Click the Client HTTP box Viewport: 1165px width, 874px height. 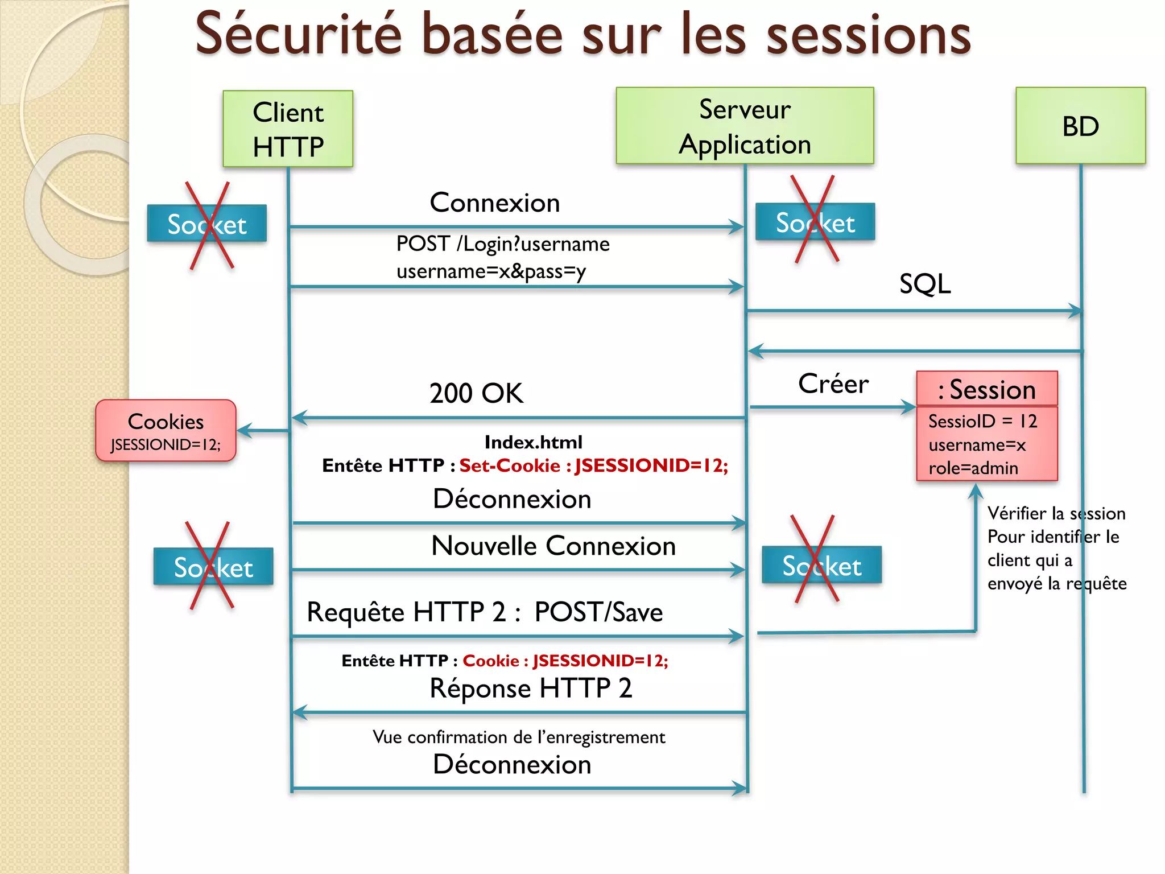point(288,129)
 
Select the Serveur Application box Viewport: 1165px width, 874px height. point(745,126)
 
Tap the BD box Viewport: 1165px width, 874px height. point(1080,126)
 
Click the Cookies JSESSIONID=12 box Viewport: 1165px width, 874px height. point(166,431)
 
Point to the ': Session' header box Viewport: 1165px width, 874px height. point(987,390)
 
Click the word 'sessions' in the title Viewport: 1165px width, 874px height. point(869,35)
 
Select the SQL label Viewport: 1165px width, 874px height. point(925,283)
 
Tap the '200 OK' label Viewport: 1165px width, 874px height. point(476,393)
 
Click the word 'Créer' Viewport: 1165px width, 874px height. point(833,384)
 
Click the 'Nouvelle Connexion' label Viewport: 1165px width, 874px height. point(553,546)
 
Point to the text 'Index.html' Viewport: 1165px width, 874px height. point(533,442)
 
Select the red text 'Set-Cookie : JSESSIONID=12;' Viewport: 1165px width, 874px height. point(594,465)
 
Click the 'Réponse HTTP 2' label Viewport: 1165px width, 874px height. point(531,688)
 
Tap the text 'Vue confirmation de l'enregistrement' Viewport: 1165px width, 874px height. point(519,737)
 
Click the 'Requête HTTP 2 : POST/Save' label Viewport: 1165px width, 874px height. point(485,612)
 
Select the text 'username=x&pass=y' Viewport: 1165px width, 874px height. point(491,271)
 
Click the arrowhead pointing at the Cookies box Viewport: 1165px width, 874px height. point(243,431)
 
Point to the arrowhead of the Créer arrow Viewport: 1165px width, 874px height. point(908,407)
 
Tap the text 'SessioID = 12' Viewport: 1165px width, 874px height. point(982,421)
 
